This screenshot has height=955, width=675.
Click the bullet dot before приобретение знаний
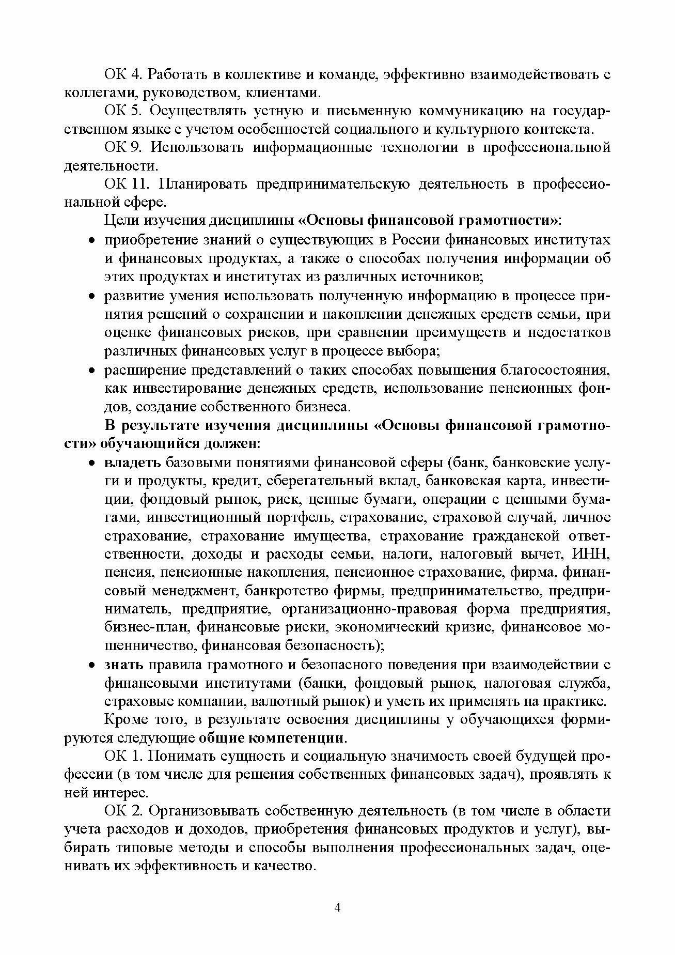(91, 241)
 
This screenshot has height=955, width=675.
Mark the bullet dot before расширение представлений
(91, 371)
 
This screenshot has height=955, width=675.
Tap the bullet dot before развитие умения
(91, 297)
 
